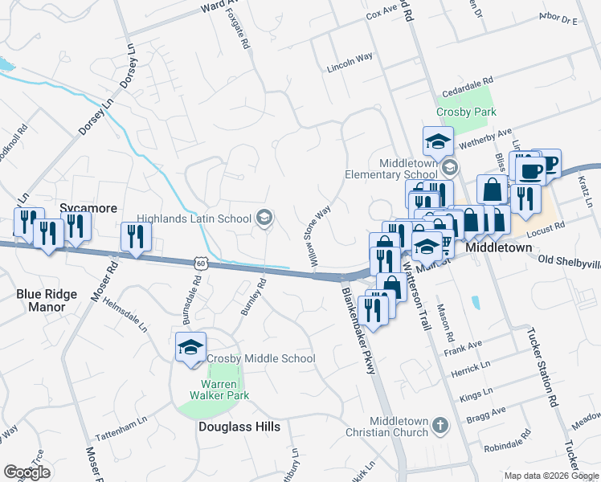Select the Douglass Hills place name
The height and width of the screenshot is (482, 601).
pyautogui.click(x=239, y=427)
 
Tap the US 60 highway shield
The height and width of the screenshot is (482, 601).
pyautogui.click(x=200, y=263)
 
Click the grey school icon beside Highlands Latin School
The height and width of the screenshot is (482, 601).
pyautogui.click(x=263, y=218)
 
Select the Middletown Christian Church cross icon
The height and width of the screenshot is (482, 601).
pyautogui.click(x=439, y=426)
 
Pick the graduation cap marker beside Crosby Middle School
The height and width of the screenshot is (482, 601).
pyautogui.click(x=190, y=347)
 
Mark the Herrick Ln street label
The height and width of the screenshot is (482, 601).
pyautogui.click(x=471, y=370)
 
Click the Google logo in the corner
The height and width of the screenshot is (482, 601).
pyautogui.click(x=27, y=472)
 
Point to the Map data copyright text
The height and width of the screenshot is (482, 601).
pyautogui.click(x=551, y=476)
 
